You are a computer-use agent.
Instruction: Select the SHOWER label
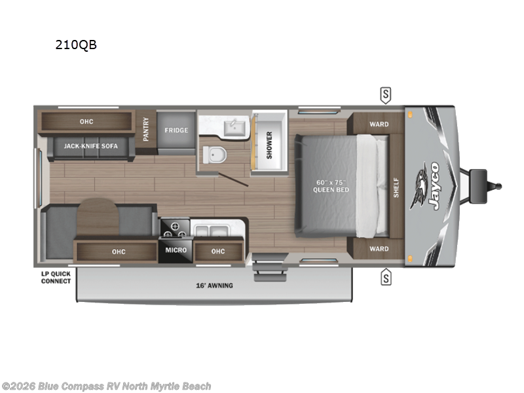[269, 145]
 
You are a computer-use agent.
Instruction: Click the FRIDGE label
[176, 130]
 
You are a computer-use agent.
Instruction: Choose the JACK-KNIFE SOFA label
[91, 146]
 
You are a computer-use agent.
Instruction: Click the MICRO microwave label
[175, 250]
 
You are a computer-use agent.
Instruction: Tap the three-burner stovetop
[175, 229]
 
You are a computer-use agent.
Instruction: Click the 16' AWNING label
[215, 286]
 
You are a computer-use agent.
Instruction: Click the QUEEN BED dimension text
[331, 186]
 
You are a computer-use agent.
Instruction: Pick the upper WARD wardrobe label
[379, 124]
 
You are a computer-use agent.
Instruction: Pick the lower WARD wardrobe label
[379, 249]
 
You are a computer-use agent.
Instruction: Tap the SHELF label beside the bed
[396, 187]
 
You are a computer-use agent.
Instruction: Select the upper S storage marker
[386, 95]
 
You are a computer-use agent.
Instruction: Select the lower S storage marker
[386, 278]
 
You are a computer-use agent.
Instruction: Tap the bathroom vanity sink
[233, 126]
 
